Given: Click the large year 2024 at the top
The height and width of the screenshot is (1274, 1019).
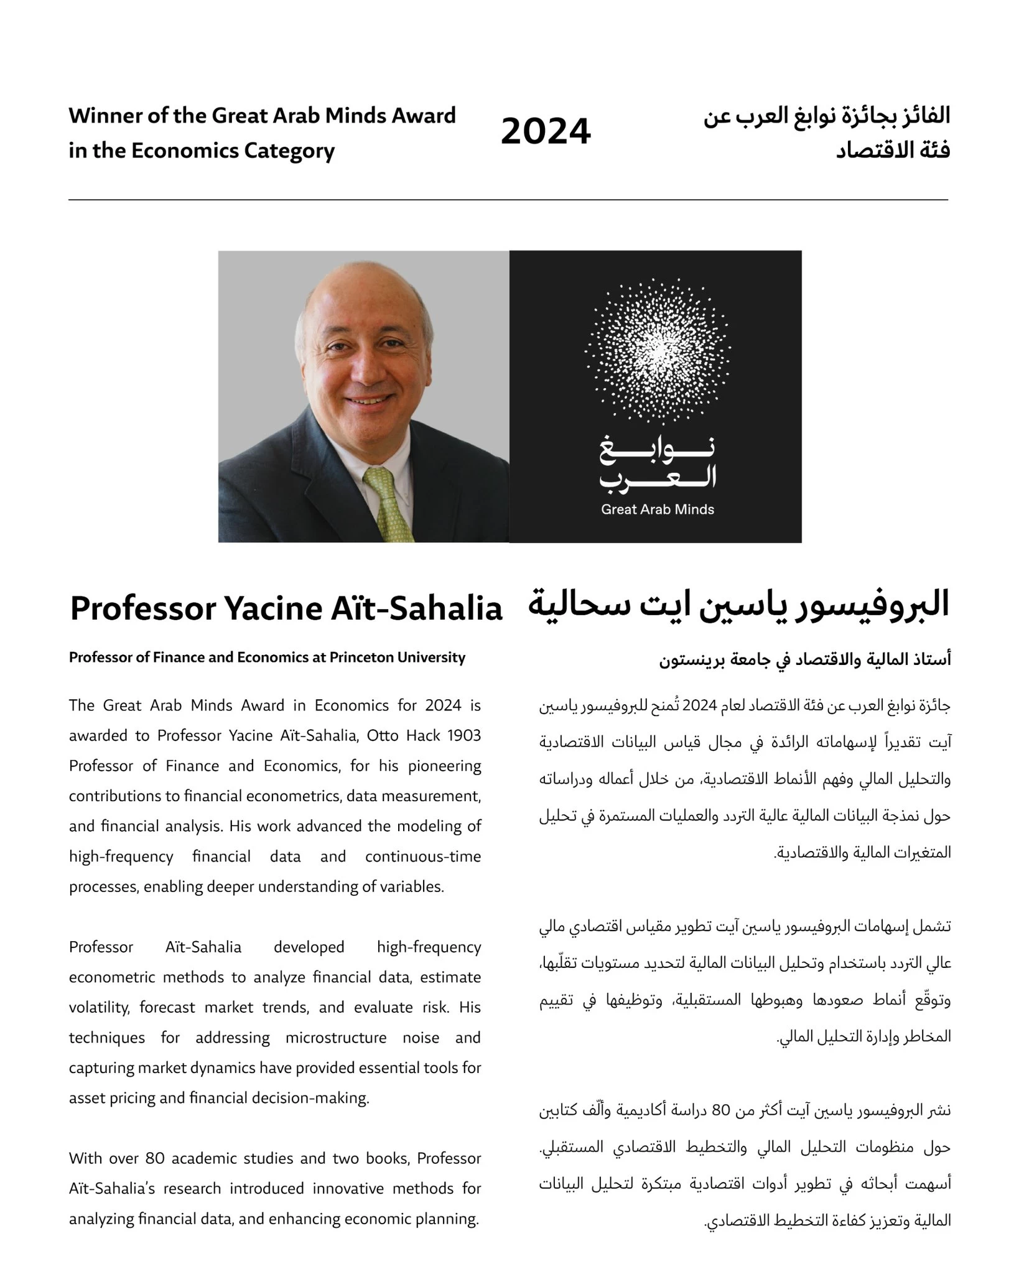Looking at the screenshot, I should point(546,132).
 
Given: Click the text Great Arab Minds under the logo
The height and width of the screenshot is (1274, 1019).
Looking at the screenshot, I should point(658,509).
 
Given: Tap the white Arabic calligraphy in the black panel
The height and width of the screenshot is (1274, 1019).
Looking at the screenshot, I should point(658,464).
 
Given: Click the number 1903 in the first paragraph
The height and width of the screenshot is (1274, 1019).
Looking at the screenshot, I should point(464,735).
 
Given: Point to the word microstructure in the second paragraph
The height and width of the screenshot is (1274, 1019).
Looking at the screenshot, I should point(336,1038).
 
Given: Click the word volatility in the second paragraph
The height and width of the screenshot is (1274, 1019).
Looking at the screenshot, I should point(99,1007).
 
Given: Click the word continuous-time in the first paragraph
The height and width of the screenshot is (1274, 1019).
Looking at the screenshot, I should point(423,857).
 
